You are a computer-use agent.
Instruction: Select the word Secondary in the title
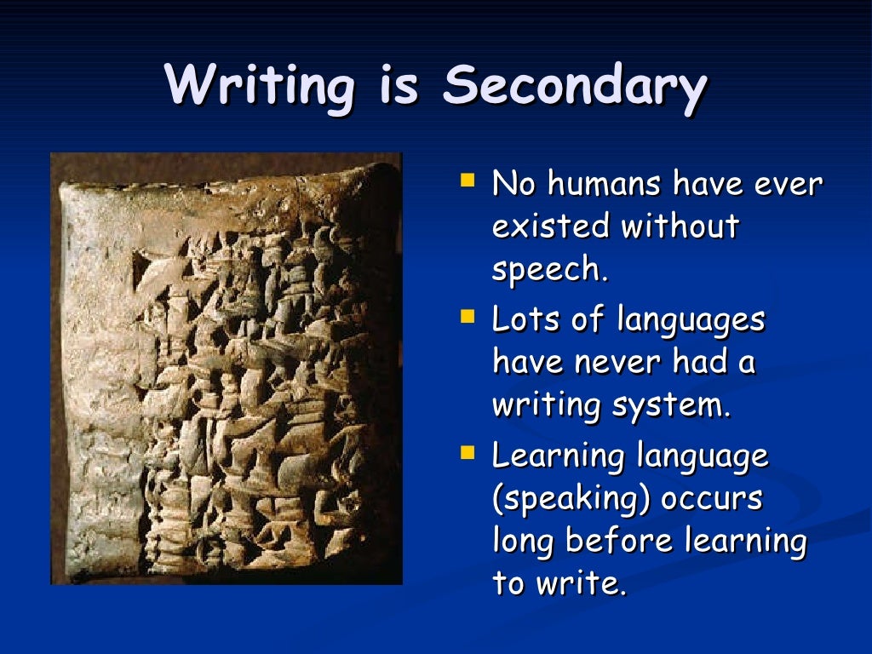[x=575, y=87]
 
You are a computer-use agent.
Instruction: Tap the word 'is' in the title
[x=398, y=85]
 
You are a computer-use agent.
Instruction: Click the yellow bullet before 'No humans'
[x=466, y=181]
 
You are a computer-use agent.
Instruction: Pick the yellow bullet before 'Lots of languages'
[x=466, y=318]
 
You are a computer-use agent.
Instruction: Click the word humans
[x=605, y=183]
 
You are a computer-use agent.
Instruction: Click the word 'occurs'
[x=717, y=499]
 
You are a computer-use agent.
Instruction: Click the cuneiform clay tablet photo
[x=226, y=369]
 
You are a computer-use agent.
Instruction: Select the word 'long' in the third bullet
[x=522, y=542]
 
